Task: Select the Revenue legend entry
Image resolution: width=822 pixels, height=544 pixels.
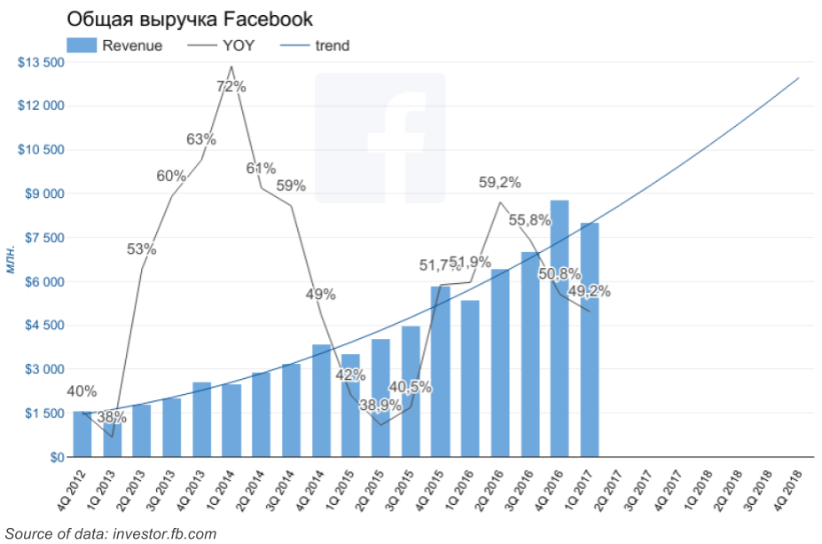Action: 114,46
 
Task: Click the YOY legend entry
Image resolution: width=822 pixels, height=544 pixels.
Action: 222,46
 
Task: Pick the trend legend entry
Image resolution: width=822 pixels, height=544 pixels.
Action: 314,46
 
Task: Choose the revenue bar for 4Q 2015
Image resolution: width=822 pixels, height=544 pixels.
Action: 441,373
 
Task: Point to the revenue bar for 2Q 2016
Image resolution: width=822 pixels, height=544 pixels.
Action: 500,364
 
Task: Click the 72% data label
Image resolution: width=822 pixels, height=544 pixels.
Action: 231,87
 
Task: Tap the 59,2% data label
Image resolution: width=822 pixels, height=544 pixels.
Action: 499,184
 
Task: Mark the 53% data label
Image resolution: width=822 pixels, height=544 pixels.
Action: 141,249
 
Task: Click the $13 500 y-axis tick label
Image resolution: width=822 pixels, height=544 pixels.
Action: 41,62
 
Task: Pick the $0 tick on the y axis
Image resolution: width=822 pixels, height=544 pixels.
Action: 55,457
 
